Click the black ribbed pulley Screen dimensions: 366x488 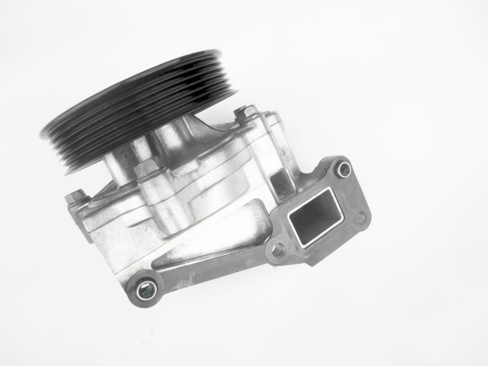pyautogui.click(x=138, y=110)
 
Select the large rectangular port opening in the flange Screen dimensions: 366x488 pyautogui.click(x=315, y=216)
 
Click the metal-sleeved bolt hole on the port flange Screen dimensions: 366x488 pyautogui.click(x=343, y=169)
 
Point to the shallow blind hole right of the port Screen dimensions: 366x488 pyautogui.click(x=361, y=218)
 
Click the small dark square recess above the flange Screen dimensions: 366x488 pyautogui.click(x=280, y=180)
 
